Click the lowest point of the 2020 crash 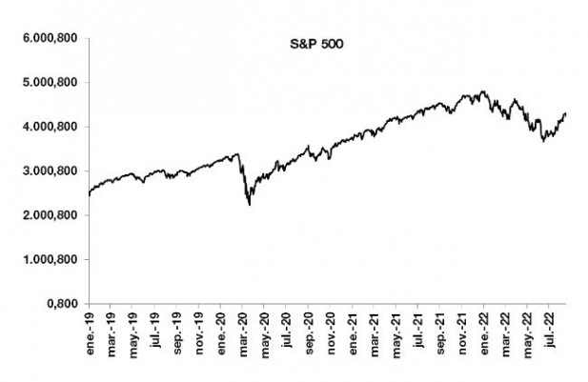249,204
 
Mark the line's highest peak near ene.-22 484,91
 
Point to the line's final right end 566,113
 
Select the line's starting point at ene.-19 88,194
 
